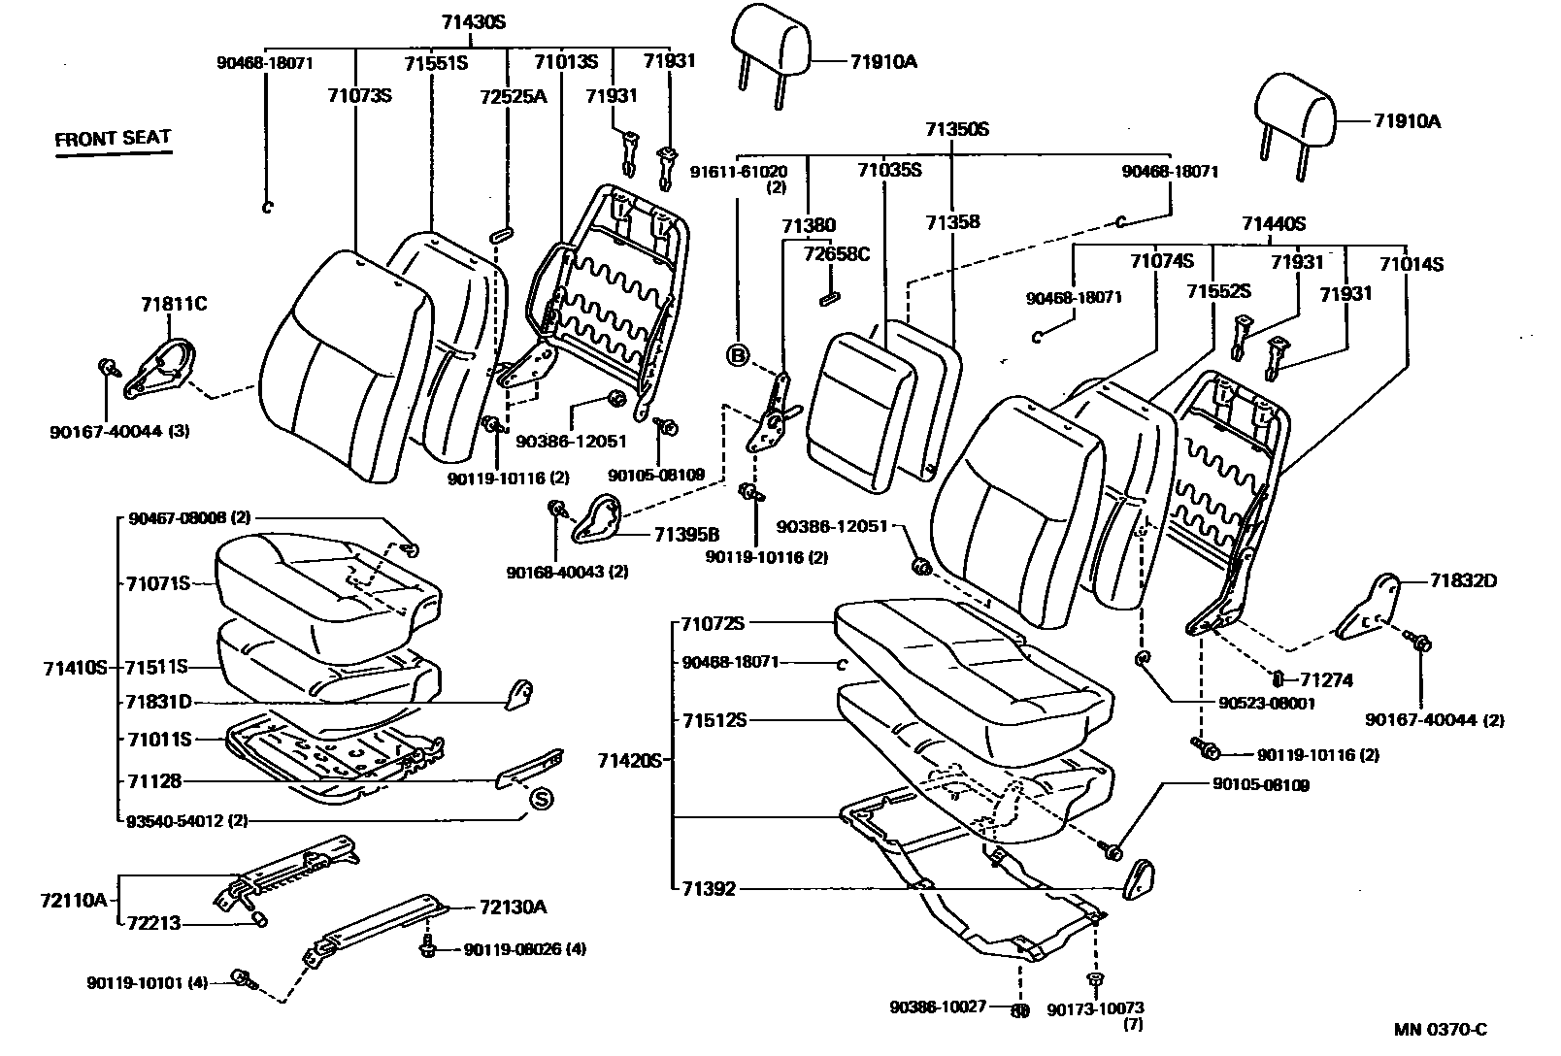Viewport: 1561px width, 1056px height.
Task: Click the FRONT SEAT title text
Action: [x=113, y=139]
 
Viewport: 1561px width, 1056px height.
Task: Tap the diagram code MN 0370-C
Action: [x=1441, y=1030]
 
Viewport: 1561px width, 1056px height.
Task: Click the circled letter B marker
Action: [x=738, y=356]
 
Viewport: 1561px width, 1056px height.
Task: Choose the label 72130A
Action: [x=512, y=907]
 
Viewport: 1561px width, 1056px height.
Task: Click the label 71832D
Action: [x=1463, y=581]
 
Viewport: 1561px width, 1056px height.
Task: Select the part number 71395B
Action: [x=686, y=534]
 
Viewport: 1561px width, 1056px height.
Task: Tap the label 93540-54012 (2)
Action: [x=187, y=820]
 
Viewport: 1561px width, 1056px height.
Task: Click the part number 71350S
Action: [x=956, y=129]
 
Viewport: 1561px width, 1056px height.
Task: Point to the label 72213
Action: [x=153, y=923]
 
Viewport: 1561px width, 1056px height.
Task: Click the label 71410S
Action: [x=74, y=668]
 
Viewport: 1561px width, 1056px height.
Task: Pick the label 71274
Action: [x=1326, y=680]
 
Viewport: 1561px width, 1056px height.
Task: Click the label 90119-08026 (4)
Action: [x=524, y=948]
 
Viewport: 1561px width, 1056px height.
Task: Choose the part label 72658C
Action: [x=837, y=254]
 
